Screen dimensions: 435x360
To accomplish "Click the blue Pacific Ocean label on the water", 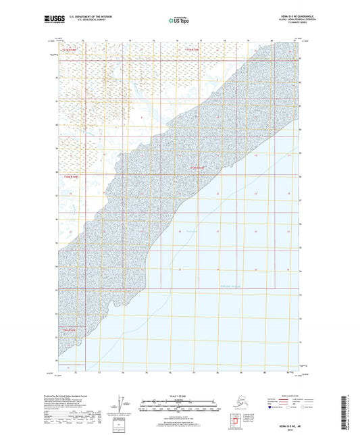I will (230, 286).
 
